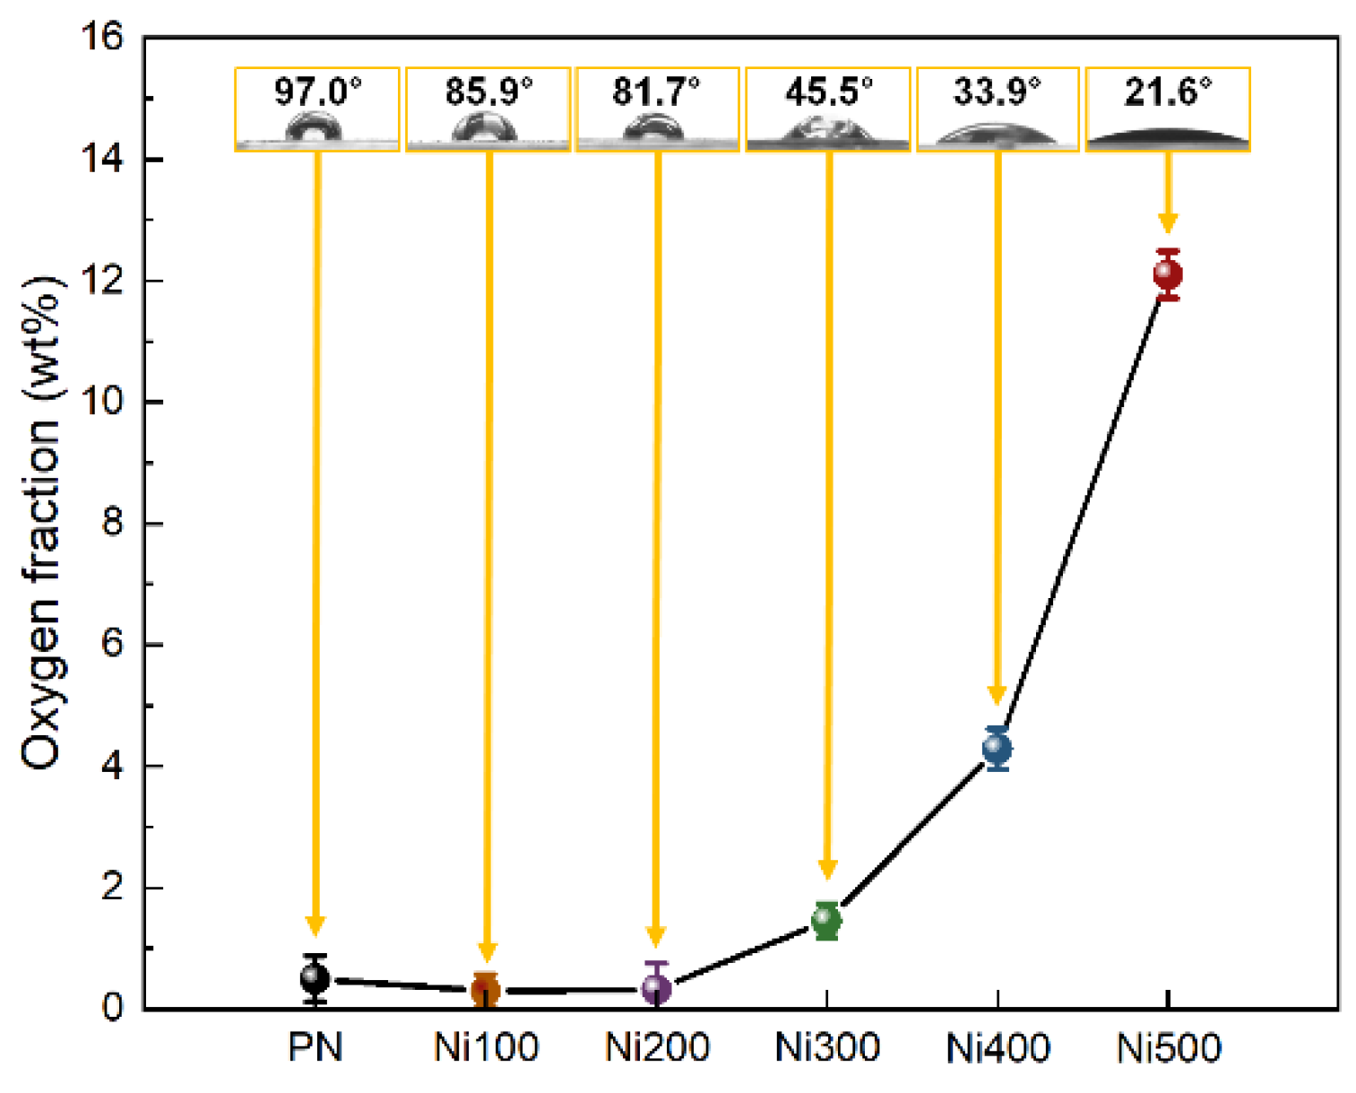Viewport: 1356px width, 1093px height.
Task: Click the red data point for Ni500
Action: (x=1167, y=273)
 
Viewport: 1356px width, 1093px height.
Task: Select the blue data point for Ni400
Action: (x=997, y=748)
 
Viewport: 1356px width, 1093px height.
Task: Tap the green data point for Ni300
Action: (x=826, y=920)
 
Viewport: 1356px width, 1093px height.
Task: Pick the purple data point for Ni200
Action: (x=656, y=988)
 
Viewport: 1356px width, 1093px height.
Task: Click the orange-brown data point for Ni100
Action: (x=486, y=990)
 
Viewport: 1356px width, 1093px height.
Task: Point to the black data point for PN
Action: (x=315, y=977)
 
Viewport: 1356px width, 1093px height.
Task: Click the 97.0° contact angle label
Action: (x=317, y=91)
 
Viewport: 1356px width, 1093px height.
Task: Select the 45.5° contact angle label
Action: (x=828, y=91)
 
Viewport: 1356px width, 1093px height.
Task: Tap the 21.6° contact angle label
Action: (x=1167, y=91)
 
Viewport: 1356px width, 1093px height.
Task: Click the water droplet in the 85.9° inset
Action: (x=485, y=129)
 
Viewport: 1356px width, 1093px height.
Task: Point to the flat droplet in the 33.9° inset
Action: (x=997, y=134)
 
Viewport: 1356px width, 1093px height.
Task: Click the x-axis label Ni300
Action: (x=826, y=1047)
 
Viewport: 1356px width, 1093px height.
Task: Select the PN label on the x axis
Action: (x=315, y=1047)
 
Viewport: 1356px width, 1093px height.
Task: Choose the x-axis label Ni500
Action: (x=1168, y=1047)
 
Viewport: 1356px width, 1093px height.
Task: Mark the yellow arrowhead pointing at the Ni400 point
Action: (x=997, y=696)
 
